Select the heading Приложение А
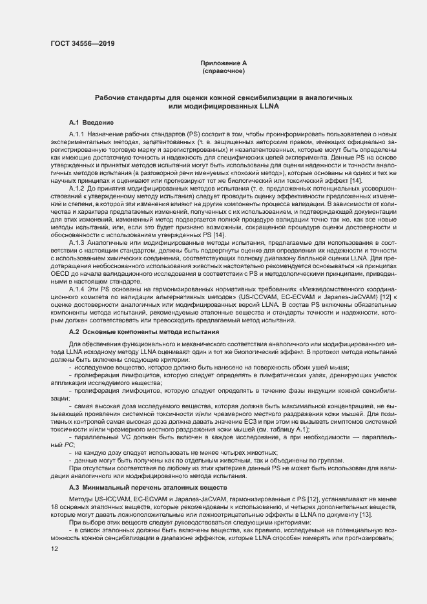click(x=224, y=63)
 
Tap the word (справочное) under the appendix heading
click(x=224, y=70)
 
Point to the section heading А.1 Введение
click(x=91, y=121)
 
